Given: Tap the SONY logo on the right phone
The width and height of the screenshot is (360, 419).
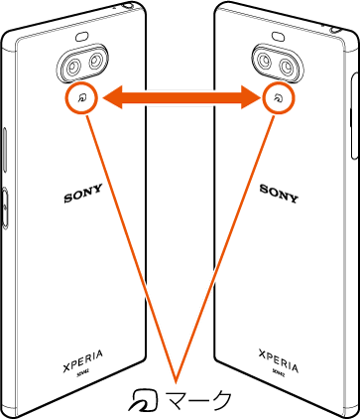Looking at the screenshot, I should (x=280, y=189).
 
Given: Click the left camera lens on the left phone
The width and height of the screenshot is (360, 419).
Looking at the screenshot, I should (x=73, y=66).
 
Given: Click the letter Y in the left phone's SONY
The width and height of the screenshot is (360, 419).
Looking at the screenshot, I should (x=96, y=196).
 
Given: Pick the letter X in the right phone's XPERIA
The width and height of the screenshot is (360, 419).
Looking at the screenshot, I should (x=263, y=352).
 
